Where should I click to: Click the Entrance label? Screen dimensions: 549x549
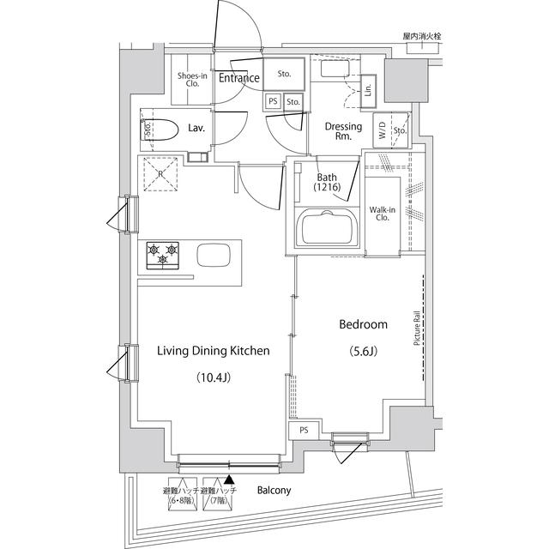pyautogui.click(x=238, y=79)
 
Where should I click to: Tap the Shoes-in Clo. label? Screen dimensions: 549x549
pyautogui.click(x=190, y=80)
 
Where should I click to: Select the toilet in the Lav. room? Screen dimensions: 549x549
pyautogui.click(x=160, y=130)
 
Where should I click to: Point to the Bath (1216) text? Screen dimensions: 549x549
pyautogui.click(x=327, y=182)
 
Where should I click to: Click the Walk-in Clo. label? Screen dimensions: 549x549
pyautogui.click(x=381, y=213)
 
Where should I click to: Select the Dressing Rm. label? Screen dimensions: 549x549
pyautogui.click(x=342, y=131)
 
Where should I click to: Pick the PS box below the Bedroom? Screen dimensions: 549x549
pyautogui.click(x=304, y=431)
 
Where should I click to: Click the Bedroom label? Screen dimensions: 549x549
pyautogui.click(x=364, y=324)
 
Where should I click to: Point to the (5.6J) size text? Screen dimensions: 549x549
pyautogui.click(x=364, y=351)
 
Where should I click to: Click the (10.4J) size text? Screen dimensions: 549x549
pyautogui.click(x=213, y=377)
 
